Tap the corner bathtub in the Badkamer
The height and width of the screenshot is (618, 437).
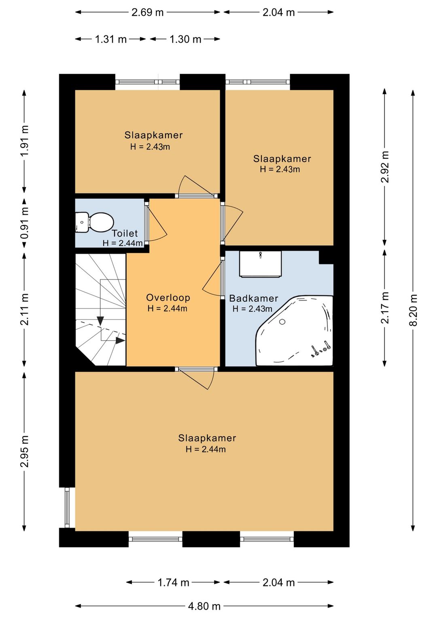click(295, 331)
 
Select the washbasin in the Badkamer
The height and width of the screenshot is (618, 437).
click(260, 264)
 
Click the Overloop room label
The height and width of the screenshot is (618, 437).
click(168, 297)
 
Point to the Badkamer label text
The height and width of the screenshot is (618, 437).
click(254, 298)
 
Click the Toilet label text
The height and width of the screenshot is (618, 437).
click(125, 233)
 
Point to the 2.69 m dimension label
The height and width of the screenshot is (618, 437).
click(148, 13)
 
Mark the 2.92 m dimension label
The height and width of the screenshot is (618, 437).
click(385, 167)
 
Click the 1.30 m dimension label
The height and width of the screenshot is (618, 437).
click(185, 39)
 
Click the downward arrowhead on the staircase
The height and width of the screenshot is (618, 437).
click(100, 320)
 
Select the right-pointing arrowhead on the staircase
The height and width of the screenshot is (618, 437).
click(120, 341)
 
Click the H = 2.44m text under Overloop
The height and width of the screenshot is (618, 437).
click(168, 308)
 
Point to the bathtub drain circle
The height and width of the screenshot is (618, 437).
click(282, 322)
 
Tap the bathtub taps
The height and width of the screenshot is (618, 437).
click(321, 350)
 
